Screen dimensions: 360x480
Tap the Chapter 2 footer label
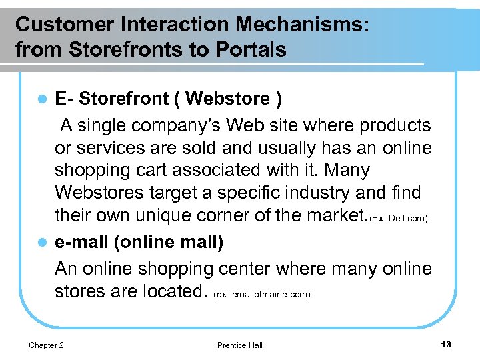tap(46, 345)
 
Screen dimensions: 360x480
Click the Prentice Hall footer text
tap(239, 345)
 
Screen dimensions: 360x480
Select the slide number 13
tap(446, 344)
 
